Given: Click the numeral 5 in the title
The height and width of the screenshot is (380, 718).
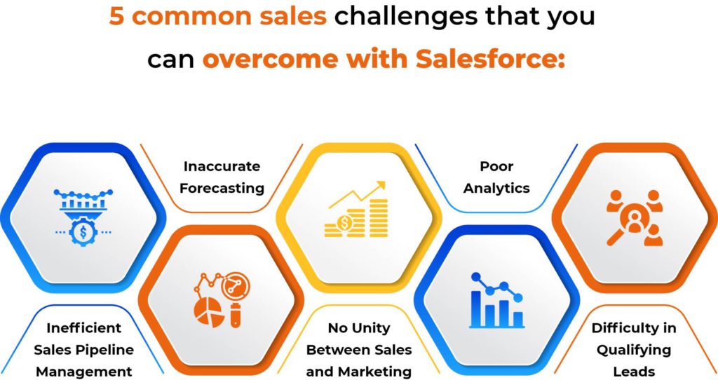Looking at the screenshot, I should point(117,15).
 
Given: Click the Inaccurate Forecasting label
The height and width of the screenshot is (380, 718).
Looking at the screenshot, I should point(222,177).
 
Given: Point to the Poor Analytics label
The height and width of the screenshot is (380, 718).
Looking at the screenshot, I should point(496,177).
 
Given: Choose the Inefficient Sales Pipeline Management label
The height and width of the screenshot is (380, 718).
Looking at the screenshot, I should point(84,349).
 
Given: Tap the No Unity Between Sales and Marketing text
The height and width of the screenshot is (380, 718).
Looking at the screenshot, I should point(359,349).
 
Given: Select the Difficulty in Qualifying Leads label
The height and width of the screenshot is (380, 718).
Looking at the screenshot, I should point(633,349).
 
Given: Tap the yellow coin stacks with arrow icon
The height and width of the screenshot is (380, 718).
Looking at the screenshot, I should point(357,209).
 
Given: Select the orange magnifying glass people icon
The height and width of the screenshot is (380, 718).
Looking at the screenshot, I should point(633,216).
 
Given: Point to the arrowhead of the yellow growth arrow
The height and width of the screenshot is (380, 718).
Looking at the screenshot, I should point(381,186).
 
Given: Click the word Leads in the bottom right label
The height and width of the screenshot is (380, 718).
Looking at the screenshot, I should point(633,371).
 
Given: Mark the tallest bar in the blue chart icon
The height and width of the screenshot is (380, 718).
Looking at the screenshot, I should point(477,308).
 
